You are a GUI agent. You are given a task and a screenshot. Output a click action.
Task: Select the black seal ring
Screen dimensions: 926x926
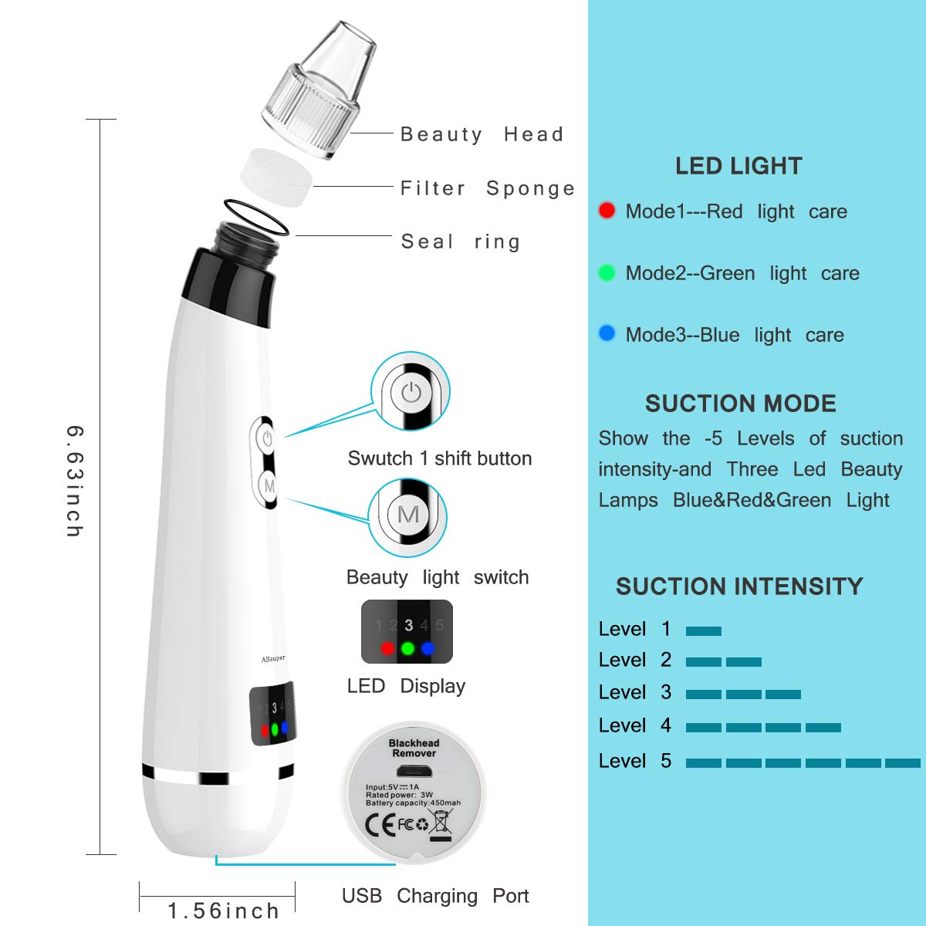(256, 217)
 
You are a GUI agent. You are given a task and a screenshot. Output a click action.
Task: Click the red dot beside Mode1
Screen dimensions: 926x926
(607, 211)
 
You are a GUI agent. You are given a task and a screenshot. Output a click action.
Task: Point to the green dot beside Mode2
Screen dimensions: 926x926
(607, 272)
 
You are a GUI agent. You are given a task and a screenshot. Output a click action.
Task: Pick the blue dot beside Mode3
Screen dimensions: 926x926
(607, 334)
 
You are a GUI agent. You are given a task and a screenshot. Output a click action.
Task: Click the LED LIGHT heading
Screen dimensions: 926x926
(738, 166)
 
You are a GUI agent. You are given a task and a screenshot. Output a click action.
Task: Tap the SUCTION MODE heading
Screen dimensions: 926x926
(740, 404)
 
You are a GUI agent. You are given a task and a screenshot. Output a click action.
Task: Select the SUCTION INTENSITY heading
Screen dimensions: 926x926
(738, 586)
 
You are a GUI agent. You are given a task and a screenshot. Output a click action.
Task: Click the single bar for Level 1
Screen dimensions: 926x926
(703, 630)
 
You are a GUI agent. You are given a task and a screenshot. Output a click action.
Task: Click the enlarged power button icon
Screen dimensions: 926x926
(411, 393)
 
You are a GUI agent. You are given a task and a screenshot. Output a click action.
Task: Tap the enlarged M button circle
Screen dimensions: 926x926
(408, 515)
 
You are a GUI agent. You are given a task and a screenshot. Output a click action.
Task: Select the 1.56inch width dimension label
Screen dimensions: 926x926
(224, 911)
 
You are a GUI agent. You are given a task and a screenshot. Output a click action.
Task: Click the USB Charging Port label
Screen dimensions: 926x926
(435, 896)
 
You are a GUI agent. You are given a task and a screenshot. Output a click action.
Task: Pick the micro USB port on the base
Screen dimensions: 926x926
(414, 771)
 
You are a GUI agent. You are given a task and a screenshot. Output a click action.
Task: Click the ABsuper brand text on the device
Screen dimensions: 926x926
(272, 658)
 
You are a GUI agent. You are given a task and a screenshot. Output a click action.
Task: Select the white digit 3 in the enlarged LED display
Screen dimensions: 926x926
(408, 625)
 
